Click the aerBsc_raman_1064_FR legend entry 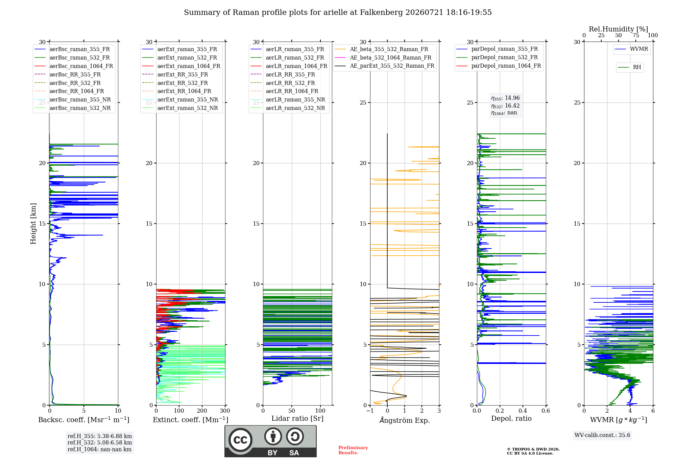(x=74, y=66)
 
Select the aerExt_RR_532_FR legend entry (x=175, y=83)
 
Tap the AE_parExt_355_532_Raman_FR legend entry (x=385, y=66)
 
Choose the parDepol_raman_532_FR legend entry (x=497, y=57)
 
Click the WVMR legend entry (x=631, y=49)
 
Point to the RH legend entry (x=630, y=67)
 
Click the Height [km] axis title (x=33, y=224)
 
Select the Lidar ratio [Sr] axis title (x=297, y=418)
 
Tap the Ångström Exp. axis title (x=405, y=420)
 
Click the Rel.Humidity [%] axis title (x=619, y=29)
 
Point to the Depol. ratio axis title (x=511, y=418)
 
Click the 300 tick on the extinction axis (x=225, y=411)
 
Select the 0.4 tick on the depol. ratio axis (x=523, y=411)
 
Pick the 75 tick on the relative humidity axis (x=636, y=35)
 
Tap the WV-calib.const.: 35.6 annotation (x=603, y=435)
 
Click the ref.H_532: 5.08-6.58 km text (x=100, y=442)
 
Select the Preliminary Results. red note (x=353, y=450)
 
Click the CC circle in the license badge (x=240, y=440)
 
